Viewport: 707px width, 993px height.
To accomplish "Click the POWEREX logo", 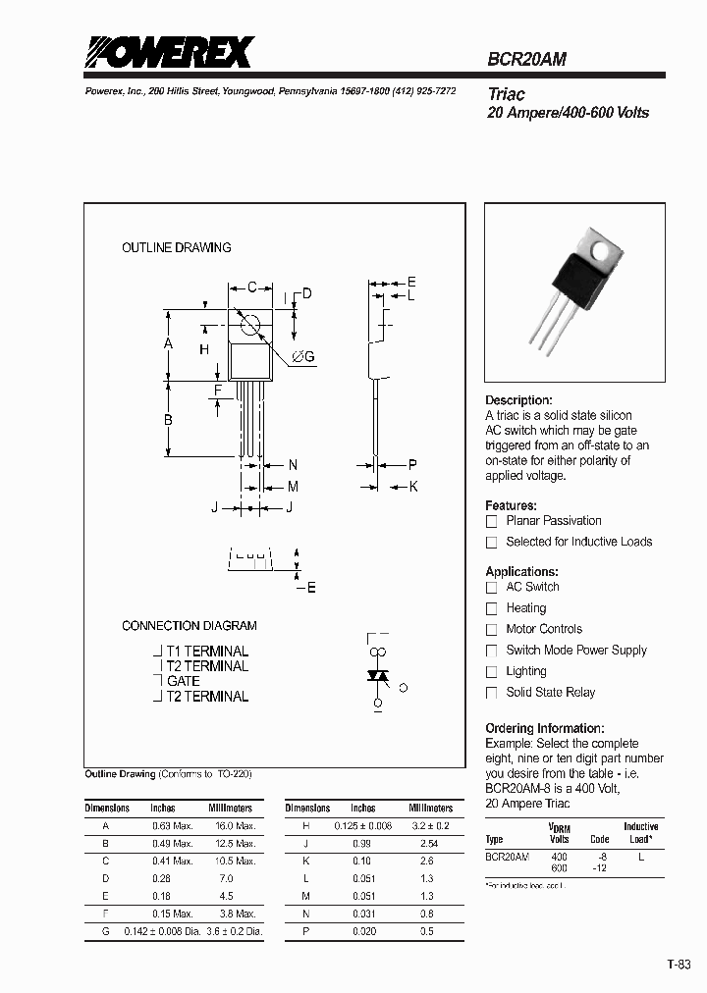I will (x=169, y=52).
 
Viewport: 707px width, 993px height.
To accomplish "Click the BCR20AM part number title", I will (x=526, y=59).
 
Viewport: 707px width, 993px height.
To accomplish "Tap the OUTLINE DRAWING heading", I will (x=177, y=247).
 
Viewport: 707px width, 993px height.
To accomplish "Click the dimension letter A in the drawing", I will (x=168, y=343).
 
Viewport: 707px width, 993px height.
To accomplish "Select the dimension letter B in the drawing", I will (x=168, y=420).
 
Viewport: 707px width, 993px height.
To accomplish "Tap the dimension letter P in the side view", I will (x=412, y=465).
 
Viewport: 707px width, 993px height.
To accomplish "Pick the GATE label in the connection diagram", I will (x=184, y=681).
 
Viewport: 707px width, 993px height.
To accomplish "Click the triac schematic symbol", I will (x=376, y=676).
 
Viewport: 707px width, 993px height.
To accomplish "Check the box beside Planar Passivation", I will (x=492, y=521).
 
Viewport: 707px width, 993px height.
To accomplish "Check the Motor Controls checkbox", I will (x=492, y=630).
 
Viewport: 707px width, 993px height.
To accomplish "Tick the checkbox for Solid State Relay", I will (x=492, y=693).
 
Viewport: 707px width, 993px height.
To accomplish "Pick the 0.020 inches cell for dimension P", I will (x=363, y=930).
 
